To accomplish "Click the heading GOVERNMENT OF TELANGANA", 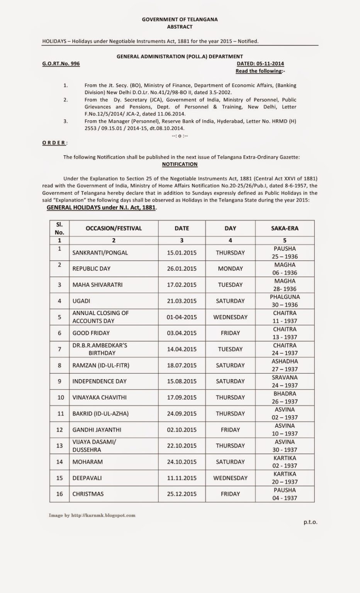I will point(180,19).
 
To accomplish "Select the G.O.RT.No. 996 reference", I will point(61,64).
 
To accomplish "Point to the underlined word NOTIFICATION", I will point(180,164).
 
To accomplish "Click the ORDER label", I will point(54,143).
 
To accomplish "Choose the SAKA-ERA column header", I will point(285,228).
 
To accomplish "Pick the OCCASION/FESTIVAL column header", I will point(114,228).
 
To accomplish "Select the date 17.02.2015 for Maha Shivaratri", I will point(182,285).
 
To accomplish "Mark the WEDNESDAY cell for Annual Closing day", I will point(230,317).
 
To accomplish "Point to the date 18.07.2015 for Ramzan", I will point(182,365).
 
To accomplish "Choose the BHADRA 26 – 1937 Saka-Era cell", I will point(285,397).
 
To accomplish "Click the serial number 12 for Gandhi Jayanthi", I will point(59,430).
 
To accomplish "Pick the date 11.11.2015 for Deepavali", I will point(182,478).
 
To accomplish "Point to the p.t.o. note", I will point(310,522).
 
